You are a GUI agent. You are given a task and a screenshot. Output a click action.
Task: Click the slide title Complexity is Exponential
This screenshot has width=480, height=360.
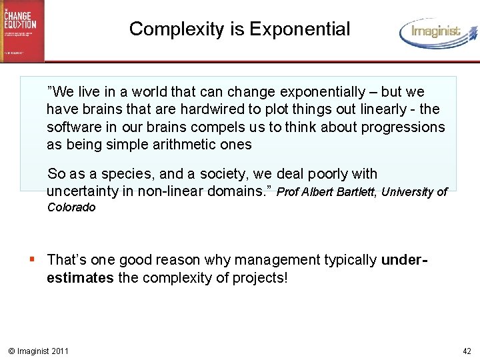point(239,29)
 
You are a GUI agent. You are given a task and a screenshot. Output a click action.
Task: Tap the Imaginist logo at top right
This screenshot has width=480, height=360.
point(438,31)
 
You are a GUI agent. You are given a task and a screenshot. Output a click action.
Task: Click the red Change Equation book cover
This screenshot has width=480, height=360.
point(22,30)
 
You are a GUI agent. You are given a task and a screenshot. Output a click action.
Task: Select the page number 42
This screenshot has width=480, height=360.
point(466,351)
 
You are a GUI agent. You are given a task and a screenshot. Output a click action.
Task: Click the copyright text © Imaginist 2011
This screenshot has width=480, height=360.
point(38,351)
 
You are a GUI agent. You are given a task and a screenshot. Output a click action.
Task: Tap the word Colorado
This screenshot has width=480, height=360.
point(71,207)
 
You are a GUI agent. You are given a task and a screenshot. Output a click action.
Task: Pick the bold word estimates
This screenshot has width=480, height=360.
point(80,277)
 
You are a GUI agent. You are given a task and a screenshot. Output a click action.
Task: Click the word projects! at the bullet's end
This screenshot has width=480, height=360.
point(260,277)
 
